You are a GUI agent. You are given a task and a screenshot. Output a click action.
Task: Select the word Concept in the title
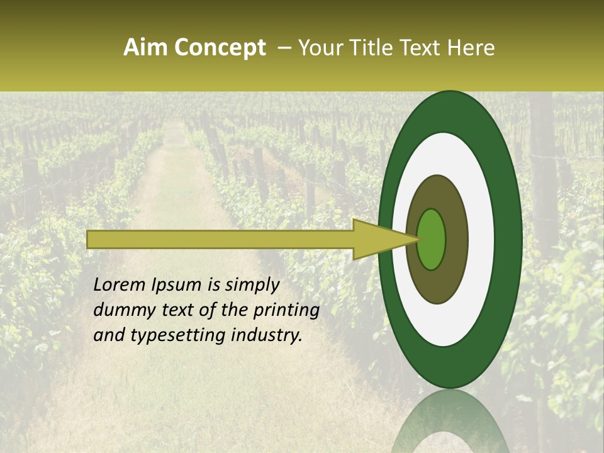(220, 48)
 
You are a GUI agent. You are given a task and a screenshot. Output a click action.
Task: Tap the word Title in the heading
(372, 48)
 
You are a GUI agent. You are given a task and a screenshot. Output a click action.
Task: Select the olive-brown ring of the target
(454, 240)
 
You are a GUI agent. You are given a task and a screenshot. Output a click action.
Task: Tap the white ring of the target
(481, 240)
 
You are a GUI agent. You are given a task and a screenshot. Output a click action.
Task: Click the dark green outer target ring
(508, 240)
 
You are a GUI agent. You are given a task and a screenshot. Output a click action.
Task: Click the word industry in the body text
(268, 336)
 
